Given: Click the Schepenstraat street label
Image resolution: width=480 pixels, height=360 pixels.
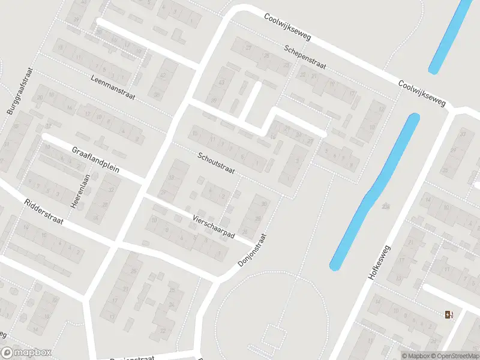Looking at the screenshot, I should (x=305, y=58).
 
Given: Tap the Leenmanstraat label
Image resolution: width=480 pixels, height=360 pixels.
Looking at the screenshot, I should (x=113, y=88).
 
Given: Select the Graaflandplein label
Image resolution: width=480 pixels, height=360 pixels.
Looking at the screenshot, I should (x=95, y=160).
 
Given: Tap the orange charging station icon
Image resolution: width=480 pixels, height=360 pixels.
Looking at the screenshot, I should (x=449, y=314).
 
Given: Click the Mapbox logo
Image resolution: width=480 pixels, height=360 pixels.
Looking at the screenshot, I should (x=26, y=353).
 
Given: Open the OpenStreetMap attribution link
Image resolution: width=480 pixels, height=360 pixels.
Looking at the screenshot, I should (x=454, y=356).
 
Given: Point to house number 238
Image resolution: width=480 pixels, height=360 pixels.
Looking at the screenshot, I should (x=385, y=206).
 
